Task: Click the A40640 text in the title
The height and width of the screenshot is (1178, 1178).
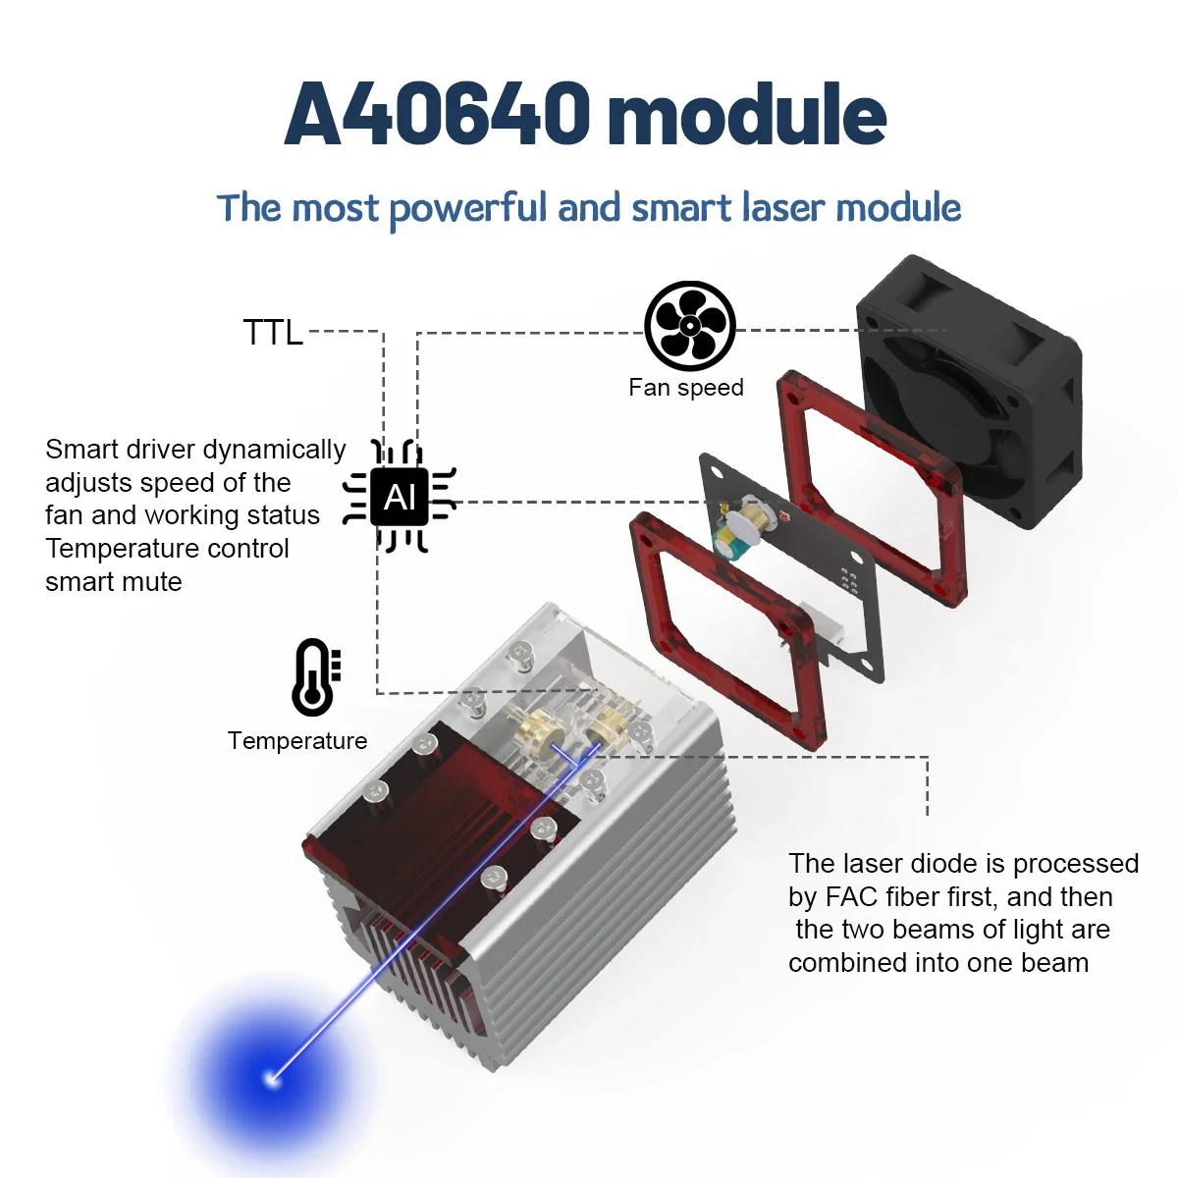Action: [437, 115]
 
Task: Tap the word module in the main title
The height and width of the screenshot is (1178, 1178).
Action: [747, 115]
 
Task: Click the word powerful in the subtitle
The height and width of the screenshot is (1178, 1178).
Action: [468, 208]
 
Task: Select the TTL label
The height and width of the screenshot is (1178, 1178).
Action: [273, 333]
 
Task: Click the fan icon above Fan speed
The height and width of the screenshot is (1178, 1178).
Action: [689, 328]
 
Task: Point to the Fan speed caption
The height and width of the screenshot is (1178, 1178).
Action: [685, 388]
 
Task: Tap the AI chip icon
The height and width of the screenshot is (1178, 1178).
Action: [399, 498]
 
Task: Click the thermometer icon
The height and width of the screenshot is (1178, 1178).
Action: [315, 676]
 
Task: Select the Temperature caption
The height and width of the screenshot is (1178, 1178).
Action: [297, 741]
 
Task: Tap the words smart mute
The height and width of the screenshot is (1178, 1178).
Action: [114, 582]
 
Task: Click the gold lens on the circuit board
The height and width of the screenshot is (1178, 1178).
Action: [758, 514]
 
